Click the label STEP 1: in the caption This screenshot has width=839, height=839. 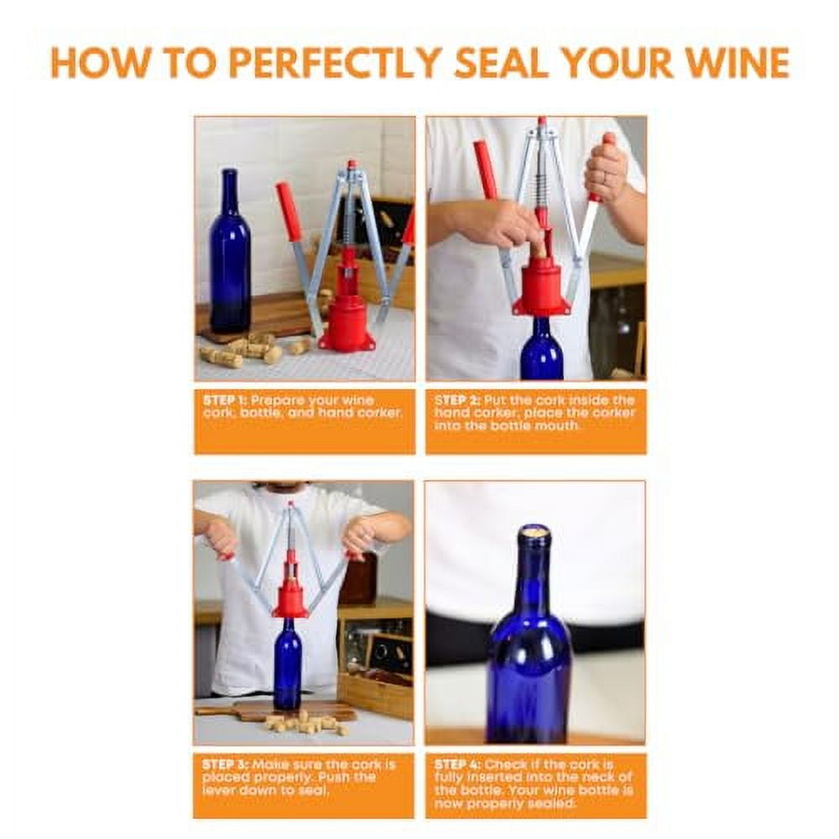pos(225,400)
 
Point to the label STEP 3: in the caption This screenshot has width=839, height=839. pos(225,764)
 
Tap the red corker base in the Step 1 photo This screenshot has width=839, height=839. pos(346,323)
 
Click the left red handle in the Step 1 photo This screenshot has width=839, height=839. pos(289,210)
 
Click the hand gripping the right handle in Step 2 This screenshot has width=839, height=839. pos(606,172)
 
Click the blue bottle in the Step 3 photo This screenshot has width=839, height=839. pos(288,663)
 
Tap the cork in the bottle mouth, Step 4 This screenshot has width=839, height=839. pos(534,531)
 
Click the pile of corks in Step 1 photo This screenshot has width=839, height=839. pos(248,348)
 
